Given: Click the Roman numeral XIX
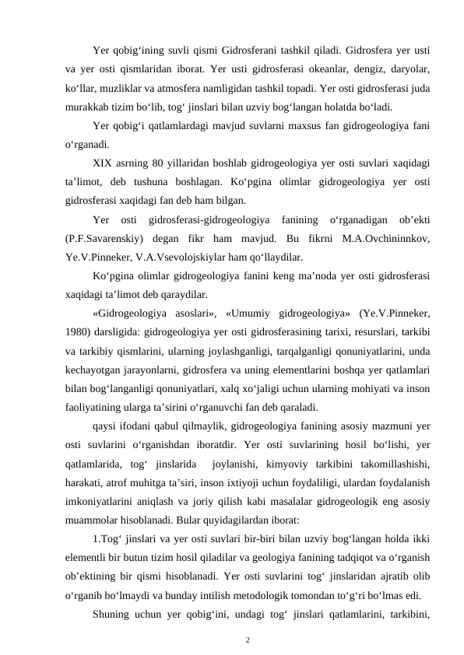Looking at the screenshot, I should coord(102,162).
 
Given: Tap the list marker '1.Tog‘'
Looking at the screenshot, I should coord(106,538).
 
